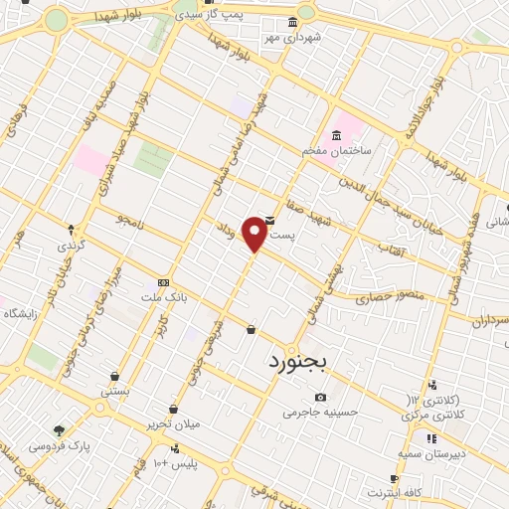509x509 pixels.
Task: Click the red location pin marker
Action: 255,235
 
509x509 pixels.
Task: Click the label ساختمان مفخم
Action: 337,151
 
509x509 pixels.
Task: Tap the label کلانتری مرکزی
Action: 436,413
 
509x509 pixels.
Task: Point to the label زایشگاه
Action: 20,313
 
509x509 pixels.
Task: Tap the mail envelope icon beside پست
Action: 269,220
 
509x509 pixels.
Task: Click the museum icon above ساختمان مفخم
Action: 337,136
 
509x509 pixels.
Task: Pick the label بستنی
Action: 114,392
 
